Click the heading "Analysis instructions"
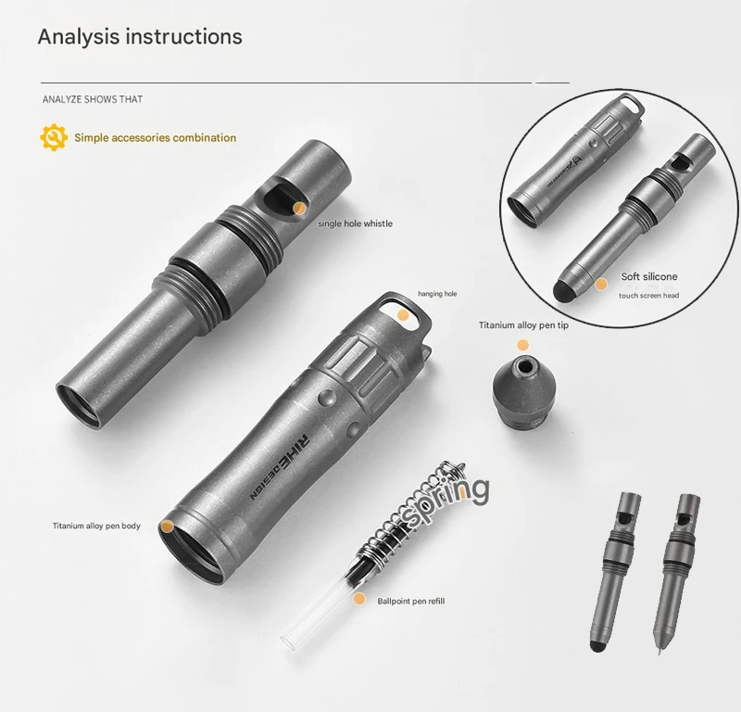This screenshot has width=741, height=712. (140, 36)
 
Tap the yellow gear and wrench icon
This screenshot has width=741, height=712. (54, 137)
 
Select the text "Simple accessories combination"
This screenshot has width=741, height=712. (156, 137)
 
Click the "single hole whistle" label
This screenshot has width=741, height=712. (355, 223)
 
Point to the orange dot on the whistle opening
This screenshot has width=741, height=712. (299, 209)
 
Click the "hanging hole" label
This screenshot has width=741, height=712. (437, 294)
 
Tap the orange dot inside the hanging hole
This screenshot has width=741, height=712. (403, 315)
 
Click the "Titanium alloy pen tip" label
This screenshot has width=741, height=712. (523, 325)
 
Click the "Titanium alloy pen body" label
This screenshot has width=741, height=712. (96, 526)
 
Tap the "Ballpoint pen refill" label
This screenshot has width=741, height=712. (410, 601)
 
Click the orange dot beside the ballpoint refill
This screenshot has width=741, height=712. (359, 599)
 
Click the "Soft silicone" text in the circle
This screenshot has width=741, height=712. (649, 276)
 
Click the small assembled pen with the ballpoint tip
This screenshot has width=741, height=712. (674, 573)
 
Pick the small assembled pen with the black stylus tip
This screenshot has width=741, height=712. (614, 571)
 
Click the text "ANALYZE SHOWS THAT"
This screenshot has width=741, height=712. (93, 99)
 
